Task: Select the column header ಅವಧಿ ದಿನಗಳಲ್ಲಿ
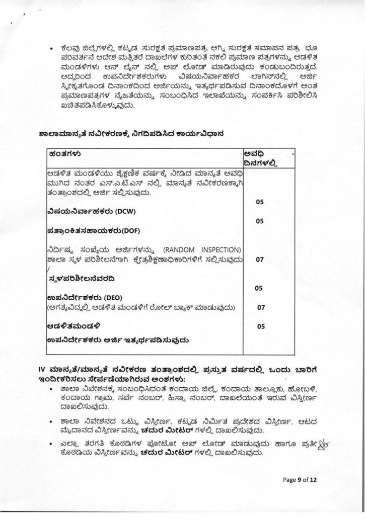pyautogui.click(x=260, y=158)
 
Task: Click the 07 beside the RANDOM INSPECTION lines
pyautogui.click(x=260, y=260)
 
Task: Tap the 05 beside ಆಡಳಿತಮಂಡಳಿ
pyautogui.click(x=260, y=326)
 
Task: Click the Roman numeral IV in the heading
pyautogui.click(x=42, y=370)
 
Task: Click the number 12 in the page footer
pyautogui.click(x=314, y=480)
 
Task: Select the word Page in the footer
pyautogui.click(x=289, y=480)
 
